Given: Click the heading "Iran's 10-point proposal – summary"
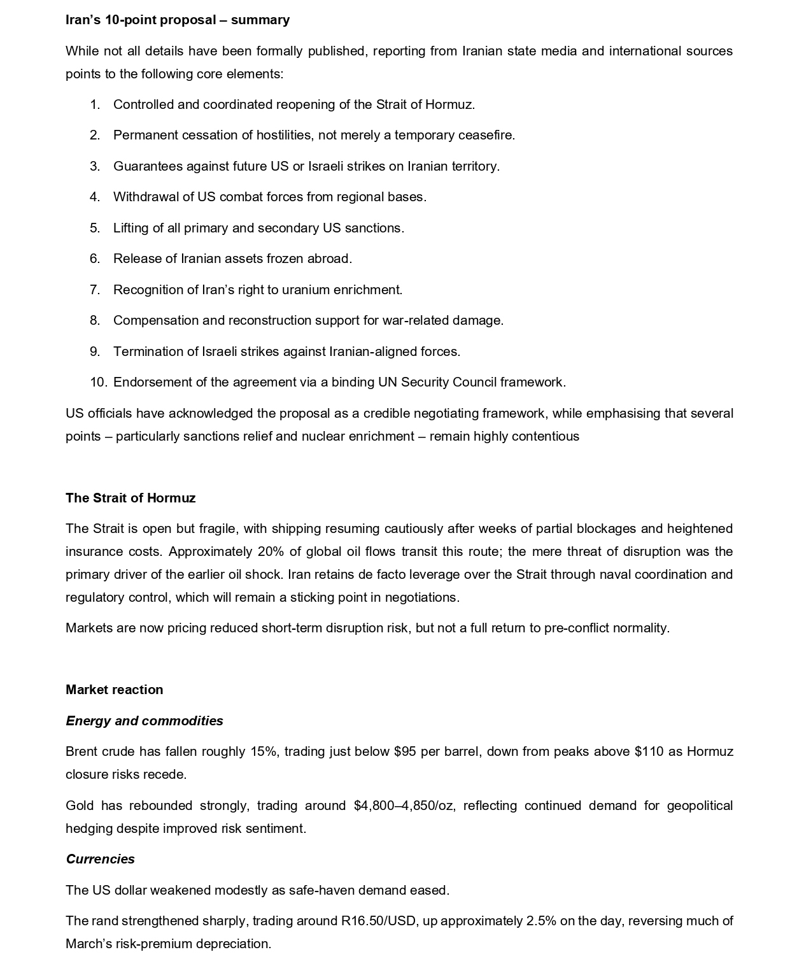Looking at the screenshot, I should point(177,20).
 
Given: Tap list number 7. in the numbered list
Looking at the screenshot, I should point(95,290).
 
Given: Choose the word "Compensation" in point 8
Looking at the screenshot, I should point(155,320).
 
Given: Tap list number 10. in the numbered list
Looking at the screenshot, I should point(98,382).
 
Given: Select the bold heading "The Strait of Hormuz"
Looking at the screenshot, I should point(130,498).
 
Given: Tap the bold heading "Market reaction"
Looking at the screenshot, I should point(114,690).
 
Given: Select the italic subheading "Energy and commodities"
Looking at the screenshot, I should point(144,721).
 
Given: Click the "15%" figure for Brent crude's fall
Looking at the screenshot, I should point(264,751).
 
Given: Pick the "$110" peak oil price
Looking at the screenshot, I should point(649,751).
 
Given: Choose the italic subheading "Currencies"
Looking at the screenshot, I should point(100,859).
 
